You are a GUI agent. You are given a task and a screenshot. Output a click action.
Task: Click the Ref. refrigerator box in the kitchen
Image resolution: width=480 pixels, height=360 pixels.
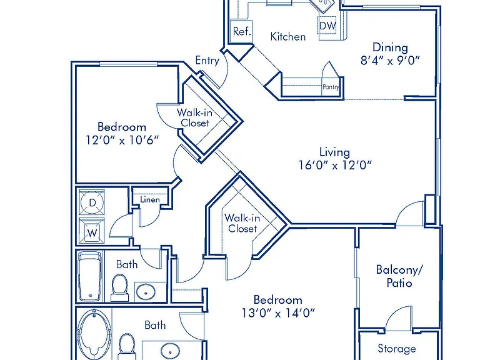tap(241, 31)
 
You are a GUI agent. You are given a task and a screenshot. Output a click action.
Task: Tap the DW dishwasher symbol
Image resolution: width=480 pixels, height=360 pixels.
tap(327, 26)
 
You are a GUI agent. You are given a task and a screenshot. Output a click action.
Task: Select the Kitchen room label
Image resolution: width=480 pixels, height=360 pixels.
tap(288, 37)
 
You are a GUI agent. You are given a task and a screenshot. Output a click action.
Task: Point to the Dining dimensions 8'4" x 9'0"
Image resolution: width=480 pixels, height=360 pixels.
tap(390, 60)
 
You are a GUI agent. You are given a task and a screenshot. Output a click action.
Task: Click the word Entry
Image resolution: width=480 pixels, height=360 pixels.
tap(207, 60)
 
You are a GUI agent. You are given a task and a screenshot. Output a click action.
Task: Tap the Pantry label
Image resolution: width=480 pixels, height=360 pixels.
tap(331, 87)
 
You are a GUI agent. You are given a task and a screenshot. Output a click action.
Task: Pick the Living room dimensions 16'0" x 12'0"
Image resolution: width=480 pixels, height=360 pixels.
tap(335, 165)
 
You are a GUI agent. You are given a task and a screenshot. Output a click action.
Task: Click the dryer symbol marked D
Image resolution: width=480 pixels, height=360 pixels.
tap(92, 202)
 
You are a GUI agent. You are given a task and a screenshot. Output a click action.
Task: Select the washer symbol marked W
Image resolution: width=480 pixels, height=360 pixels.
tap(92, 231)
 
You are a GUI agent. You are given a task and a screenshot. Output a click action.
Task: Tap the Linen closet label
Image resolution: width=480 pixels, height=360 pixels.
tap(150, 200)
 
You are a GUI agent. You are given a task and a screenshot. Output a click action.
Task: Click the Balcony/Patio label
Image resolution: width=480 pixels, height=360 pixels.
tap(399, 276)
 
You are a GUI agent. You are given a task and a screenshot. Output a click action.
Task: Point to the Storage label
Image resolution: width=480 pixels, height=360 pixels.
tap(397, 348)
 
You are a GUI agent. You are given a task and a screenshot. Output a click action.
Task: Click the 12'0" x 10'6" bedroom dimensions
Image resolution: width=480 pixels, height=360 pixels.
tap(122, 140)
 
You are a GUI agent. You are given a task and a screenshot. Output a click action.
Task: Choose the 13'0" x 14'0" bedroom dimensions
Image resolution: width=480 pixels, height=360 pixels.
tap(278, 313)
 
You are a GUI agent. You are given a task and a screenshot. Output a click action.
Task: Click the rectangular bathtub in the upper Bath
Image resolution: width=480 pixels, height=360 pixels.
tap(90, 276)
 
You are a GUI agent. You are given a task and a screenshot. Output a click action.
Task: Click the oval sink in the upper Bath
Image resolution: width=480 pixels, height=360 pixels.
tap(146, 292)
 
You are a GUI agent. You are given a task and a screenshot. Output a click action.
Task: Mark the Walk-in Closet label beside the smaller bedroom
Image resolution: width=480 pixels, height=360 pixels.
tap(195, 118)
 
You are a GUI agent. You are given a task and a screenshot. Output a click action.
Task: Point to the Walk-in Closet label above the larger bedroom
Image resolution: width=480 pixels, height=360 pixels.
tap(242, 223)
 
